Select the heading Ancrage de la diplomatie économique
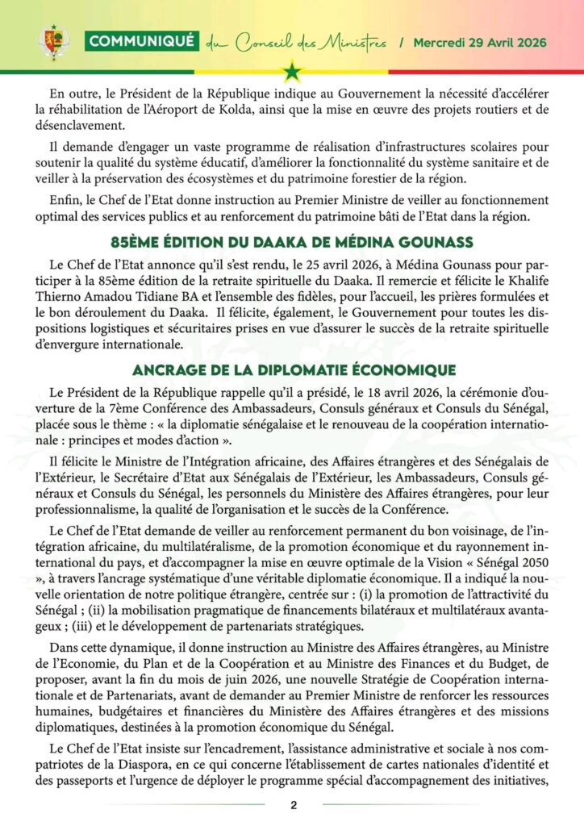tap(292, 369)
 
